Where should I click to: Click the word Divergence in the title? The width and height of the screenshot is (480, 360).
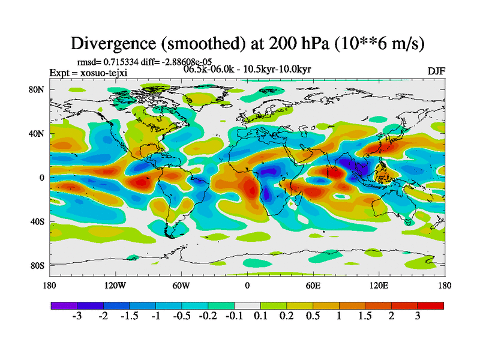pos(115,44)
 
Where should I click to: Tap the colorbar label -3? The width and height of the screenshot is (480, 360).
pos(77,317)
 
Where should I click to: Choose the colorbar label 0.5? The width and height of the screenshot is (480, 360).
pos(313,317)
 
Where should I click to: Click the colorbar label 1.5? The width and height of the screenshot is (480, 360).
pos(365,317)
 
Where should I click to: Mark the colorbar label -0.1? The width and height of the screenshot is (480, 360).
pos(234,317)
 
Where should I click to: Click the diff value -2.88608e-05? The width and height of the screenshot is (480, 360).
pos(186,61)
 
